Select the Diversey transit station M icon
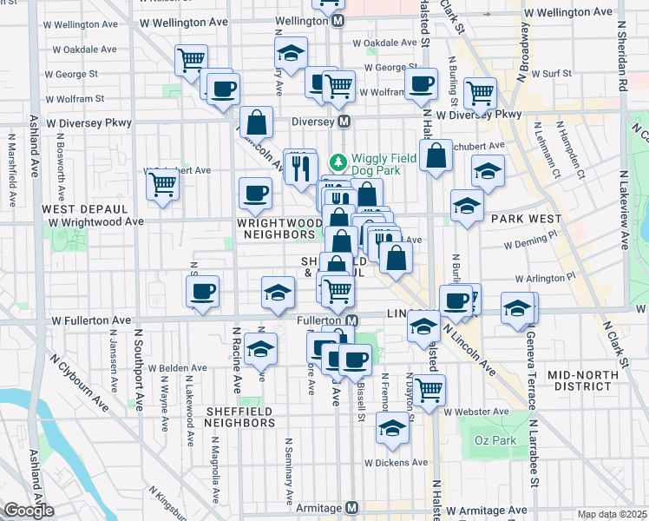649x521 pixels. (x=344, y=121)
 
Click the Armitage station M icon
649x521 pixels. (x=351, y=508)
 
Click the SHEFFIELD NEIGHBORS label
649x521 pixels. (x=239, y=417)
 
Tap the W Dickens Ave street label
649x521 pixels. (x=396, y=463)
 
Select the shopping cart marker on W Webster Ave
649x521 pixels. (x=429, y=390)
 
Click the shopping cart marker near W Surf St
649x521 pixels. (x=479, y=92)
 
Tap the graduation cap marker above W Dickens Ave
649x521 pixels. (x=392, y=428)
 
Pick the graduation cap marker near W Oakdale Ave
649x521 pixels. (x=292, y=53)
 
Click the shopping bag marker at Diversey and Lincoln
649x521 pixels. (x=257, y=122)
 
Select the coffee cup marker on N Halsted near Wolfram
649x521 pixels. (x=422, y=84)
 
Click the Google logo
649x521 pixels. (x=29, y=511)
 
